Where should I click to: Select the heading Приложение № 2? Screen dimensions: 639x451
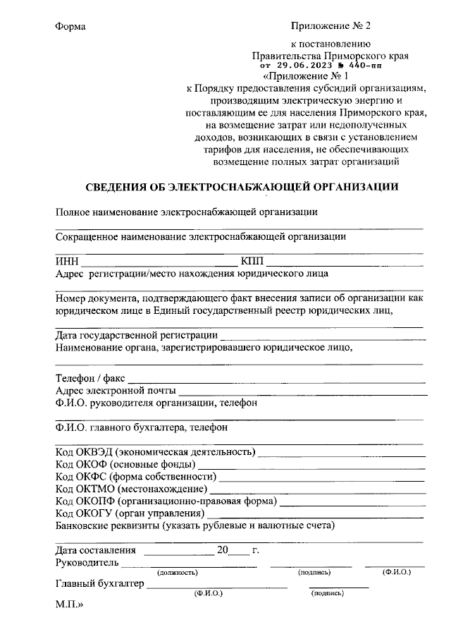330,26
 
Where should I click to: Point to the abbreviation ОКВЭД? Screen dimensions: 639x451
95,452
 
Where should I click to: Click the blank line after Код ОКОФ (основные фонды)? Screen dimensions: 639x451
311,468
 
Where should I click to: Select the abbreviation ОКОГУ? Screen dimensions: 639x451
95,513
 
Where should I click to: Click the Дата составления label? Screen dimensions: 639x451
94,550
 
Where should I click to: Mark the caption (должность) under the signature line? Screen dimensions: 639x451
178,573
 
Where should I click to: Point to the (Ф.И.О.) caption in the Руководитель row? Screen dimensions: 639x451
397,572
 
